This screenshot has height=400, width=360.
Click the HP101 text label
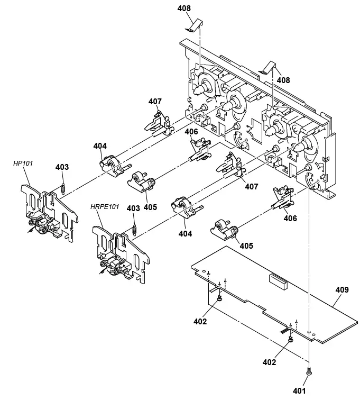click(23, 163)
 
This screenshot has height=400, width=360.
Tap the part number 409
click(342, 289)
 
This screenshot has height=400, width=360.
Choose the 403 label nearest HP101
click(62, 167)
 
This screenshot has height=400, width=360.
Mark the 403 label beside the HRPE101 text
click(134, 208)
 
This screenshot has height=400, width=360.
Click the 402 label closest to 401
click(269, 362)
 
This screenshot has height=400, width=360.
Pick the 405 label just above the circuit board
click(246, 246)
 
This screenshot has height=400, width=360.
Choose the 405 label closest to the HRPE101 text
click(150, 207)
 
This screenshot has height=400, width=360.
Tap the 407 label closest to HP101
click(155, 101)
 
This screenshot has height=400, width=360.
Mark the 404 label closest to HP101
click(100, 146)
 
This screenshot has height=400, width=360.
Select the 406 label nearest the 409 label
click(290, 218)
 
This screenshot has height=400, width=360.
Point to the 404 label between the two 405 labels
click(184, 233)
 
